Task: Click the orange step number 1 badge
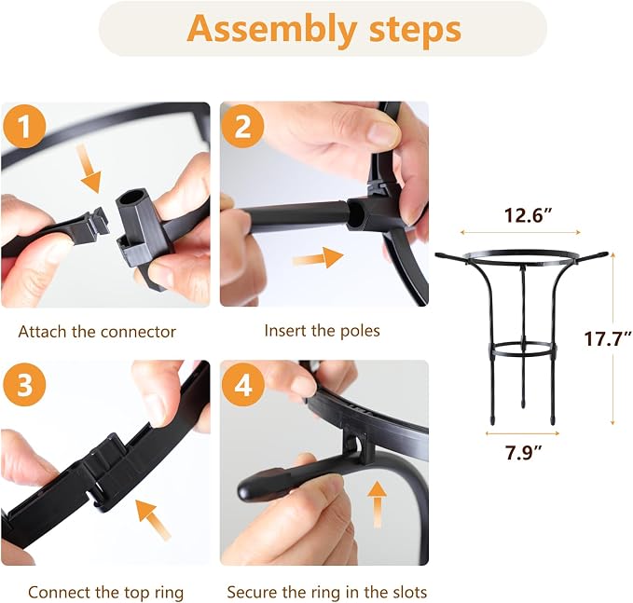tap(24, 127)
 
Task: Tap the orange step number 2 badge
tap(242, 127)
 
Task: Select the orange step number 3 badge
tap(24, 384)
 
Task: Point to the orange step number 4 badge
tap(243, 384)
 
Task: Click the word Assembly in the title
tap(271, 30)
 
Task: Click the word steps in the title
tap(415, 30)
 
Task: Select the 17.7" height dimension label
tap(608, 338)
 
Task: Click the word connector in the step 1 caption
tap(138, 332)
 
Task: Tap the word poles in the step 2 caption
tap(360, 331)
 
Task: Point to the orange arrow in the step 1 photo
tap(89, 169)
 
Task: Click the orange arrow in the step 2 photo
tap(318, 257)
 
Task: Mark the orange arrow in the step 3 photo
tap(154, 519)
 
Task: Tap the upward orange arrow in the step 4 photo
tap(377, 504)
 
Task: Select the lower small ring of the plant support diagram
tap(523, 349)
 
